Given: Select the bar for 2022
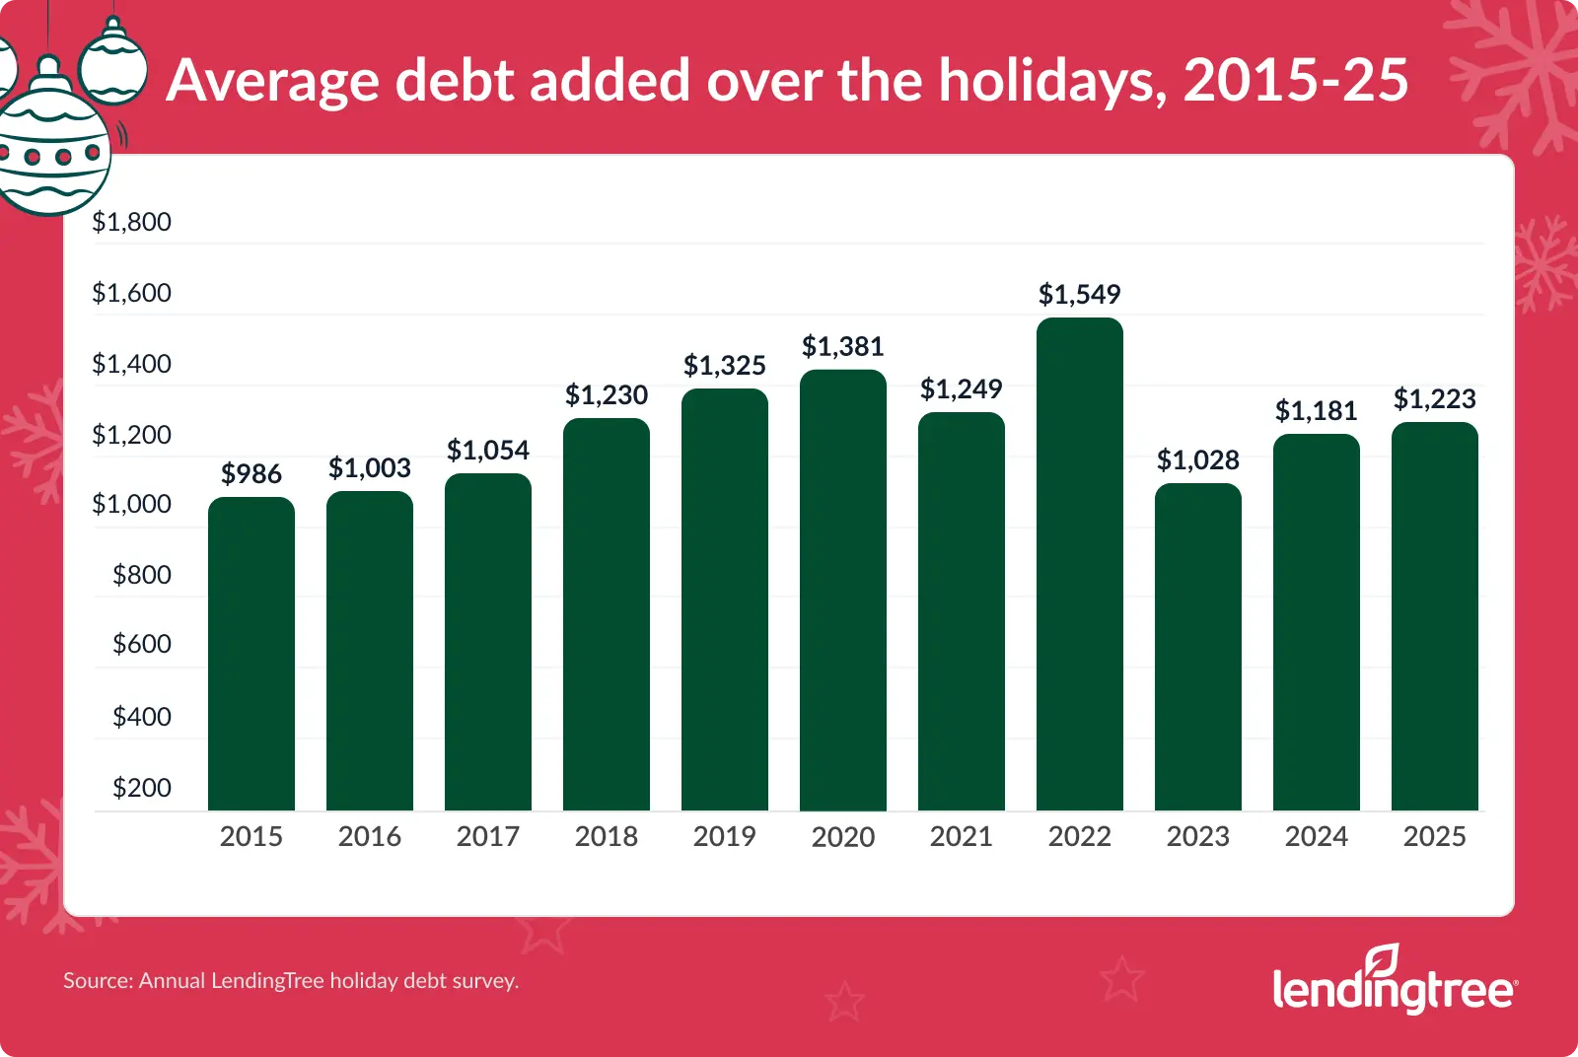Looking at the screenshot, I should click(1080, 564).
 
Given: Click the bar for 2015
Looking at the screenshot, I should click(251, 654).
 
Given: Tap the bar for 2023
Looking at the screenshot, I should click(1198, 647).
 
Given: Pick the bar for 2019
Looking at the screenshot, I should click(725, 599).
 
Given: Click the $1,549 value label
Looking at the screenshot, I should click(1080, 294).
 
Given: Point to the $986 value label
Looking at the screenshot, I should click(251, 474).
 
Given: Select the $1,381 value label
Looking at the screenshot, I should click(843, 346).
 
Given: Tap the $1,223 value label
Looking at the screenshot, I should click(1435, 398).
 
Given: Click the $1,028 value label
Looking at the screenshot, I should click(1198, 459).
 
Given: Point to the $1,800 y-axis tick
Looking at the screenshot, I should click(131, 222).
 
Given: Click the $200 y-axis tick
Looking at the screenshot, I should click(142, 788).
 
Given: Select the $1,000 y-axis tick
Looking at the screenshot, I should click(131, 504).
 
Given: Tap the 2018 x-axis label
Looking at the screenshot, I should click(607, 836).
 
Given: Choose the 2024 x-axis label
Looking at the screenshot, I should click(1317, 836).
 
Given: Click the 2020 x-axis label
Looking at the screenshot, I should click(843, 837).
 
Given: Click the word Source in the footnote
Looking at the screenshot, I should click(96, 981).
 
